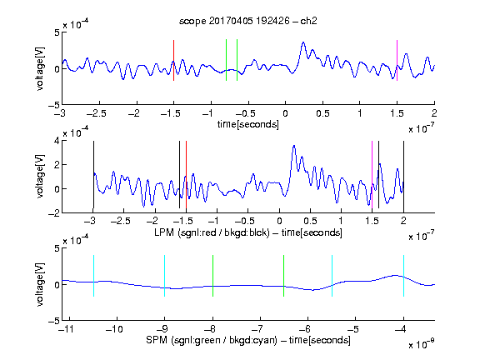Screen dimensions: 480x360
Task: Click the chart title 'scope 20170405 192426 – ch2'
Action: pos(248,21)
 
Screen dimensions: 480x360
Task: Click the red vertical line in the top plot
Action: pos(173,60)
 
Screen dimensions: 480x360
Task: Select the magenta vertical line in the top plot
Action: pos(397,60)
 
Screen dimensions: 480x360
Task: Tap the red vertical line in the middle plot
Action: pos(186,174)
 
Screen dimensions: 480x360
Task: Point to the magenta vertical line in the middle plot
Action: pos(372,174)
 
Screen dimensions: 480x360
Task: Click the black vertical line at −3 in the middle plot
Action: pos(93,174)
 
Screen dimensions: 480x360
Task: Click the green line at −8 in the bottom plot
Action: pos(212,276)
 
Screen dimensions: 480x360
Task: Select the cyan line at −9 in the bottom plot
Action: pos(165,276)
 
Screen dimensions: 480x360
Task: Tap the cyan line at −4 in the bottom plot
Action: pos(403,276)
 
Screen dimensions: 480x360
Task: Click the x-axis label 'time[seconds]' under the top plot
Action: pos(248,124)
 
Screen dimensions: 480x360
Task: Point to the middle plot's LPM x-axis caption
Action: pos(248,232)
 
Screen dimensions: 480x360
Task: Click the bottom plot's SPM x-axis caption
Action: pos(248,340)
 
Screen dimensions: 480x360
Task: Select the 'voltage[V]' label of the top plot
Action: pos(40,68)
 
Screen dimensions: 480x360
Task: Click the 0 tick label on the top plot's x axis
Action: pos(285,113)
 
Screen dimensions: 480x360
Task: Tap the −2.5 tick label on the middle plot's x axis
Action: pos(121,221)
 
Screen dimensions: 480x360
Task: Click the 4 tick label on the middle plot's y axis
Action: pos(56,141)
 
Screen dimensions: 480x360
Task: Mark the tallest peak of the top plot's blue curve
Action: pos(303,42)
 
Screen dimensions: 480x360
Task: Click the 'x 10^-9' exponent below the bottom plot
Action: pos(421,344)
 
